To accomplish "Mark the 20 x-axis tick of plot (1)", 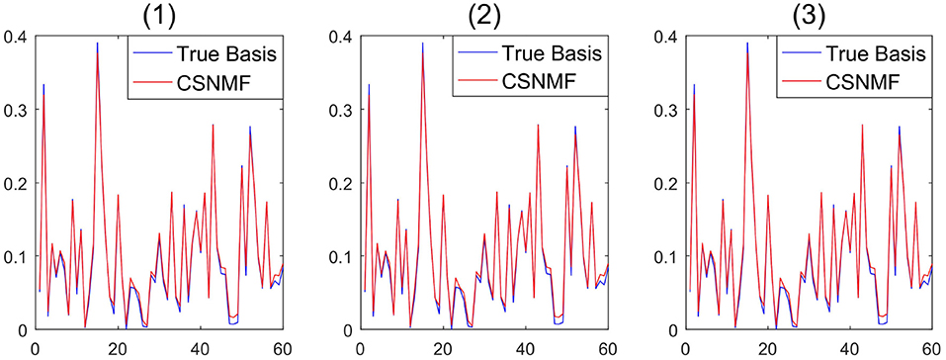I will (117, 347).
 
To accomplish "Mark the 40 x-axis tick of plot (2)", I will (525, 347).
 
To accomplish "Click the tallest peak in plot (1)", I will (97, 45).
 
